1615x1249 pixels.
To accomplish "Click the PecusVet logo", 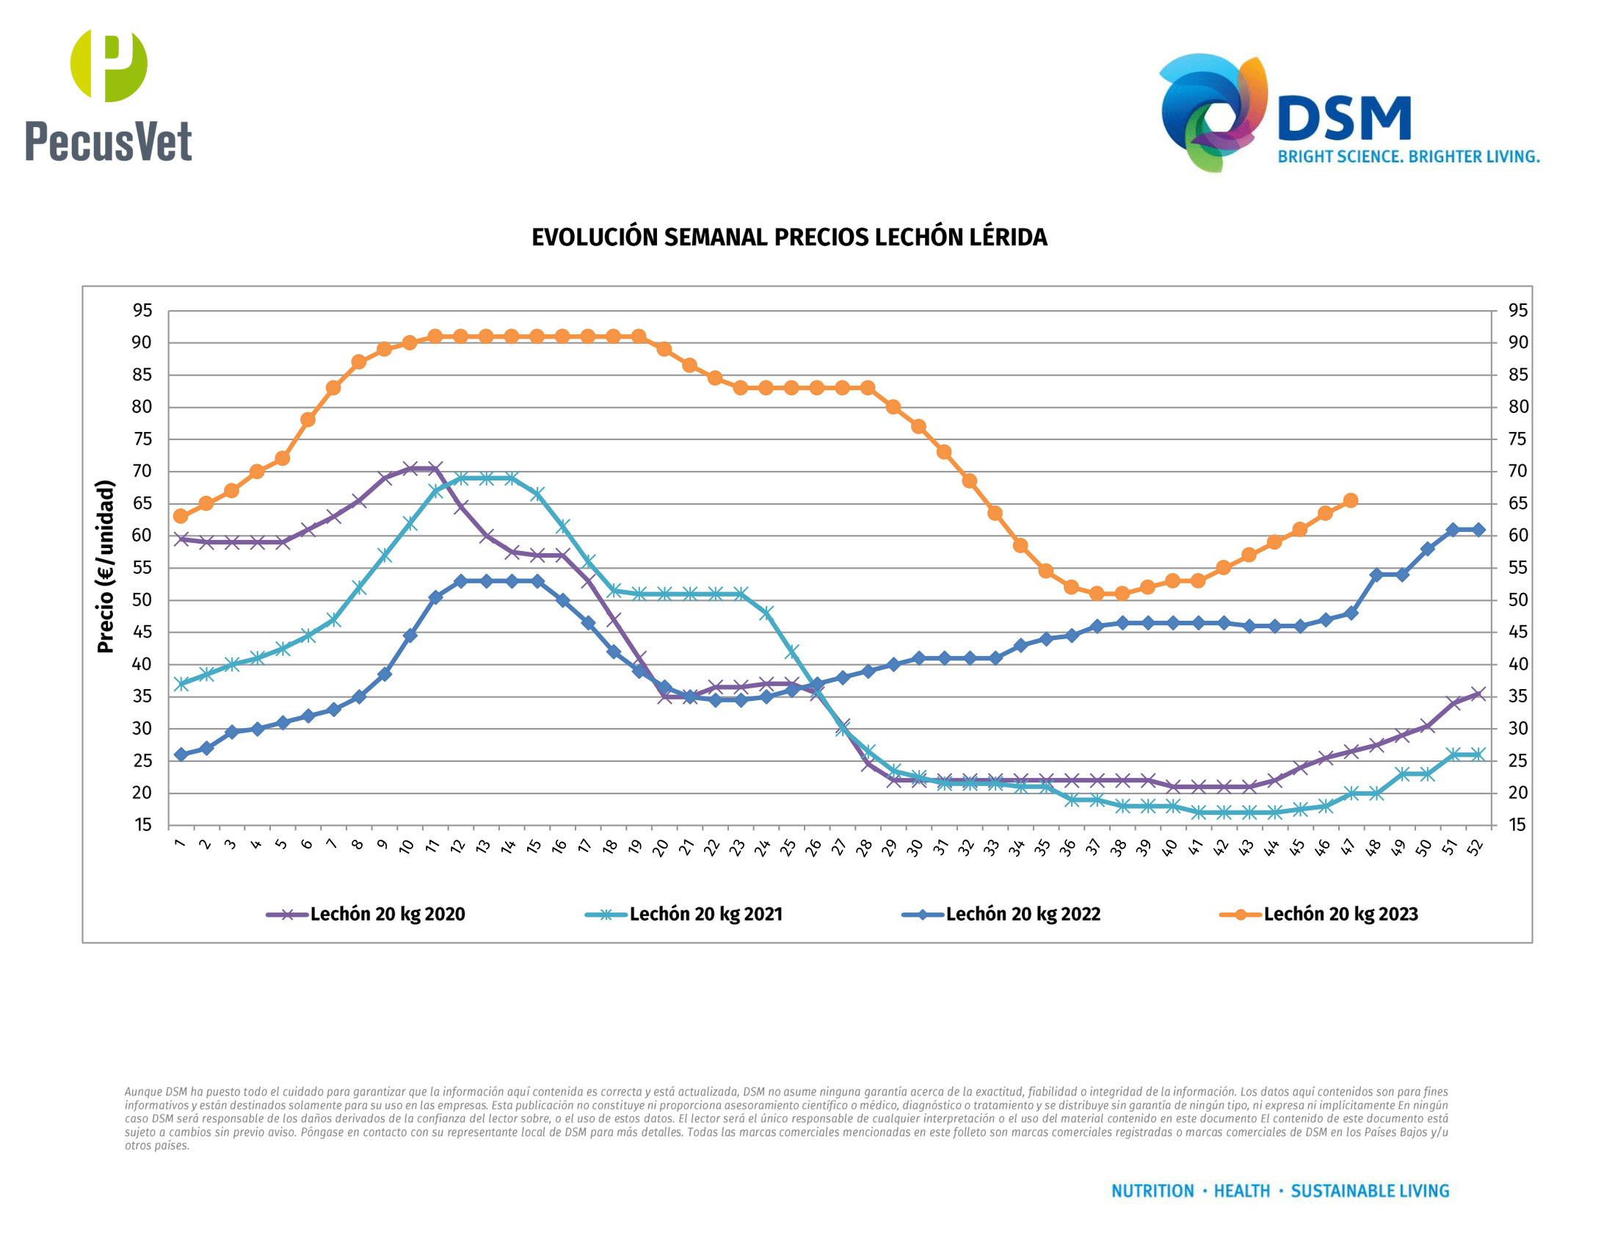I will point(109,96).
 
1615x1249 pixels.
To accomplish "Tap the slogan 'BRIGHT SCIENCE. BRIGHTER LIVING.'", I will point(1408,157).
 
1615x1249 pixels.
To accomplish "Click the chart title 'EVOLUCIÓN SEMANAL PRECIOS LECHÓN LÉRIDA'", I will point(789,237).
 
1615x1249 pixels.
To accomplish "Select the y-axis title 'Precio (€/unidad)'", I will point(106,566).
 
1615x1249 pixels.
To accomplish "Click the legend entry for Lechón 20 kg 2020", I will point(368,915).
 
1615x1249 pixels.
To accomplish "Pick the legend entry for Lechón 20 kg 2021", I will point(686,915).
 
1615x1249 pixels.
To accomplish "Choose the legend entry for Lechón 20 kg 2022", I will point(1003,915).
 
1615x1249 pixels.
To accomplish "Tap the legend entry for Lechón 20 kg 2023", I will point(1321,915).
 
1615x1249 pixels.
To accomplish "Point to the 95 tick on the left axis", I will point(142,311).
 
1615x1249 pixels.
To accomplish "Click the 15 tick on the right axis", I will point(1517,825).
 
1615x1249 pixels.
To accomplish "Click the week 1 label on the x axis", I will point(180,844).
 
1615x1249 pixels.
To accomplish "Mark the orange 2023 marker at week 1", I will point(181,516).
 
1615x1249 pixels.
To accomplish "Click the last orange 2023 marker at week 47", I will point(1351,501).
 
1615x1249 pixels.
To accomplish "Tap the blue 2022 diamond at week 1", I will point(181,755).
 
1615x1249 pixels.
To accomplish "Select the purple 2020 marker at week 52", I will point(1478,694).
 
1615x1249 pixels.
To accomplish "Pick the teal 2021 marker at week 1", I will point(181,685).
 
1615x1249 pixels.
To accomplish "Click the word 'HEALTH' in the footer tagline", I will point(1241,1191).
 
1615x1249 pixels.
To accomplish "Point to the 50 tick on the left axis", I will point(142,600).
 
